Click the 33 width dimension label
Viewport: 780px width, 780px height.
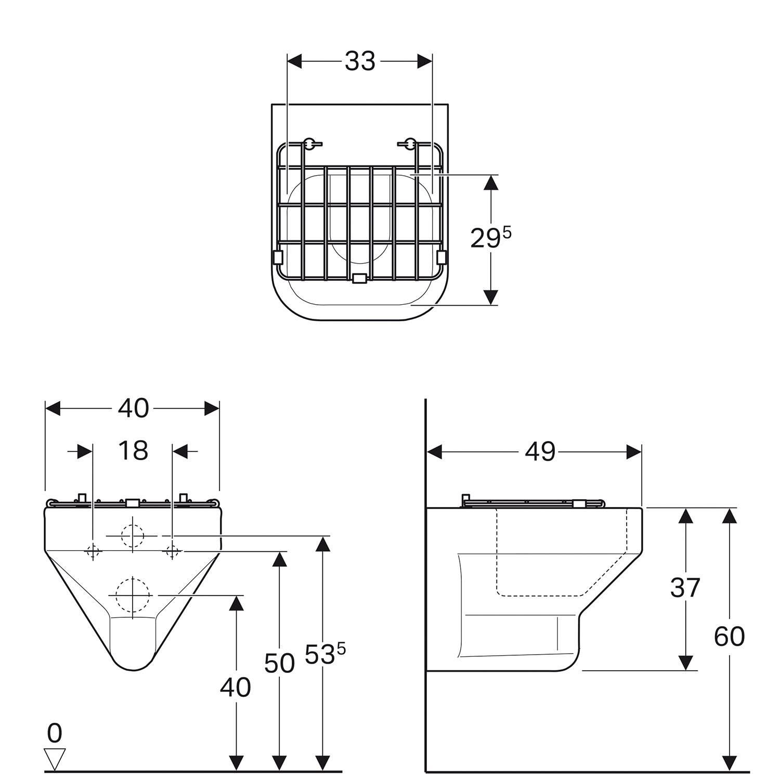pyautogui.click(x=360, y=61)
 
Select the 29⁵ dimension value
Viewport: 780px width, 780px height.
pyautogui.click(x=490, y=238)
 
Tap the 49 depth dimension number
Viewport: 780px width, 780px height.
pyautogui.click(x=540, y=451)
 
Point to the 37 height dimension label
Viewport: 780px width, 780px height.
pyautogui.click(x=685, y=588)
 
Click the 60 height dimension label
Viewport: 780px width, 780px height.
pyautogui.click(x=729, y=636)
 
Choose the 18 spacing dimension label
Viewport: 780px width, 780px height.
pyautogui.click(x=133, y=450)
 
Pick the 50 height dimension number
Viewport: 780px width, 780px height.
pyautogui.click(x=279, y=663)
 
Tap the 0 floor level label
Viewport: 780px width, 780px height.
pyautogui.click(x=54, y=733)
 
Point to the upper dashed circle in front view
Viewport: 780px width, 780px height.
pyautogui.click(x=133, y=535)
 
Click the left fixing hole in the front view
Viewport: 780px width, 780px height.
pyautogui.click(x=93, y=551)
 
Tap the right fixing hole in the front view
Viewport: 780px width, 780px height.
pyautogui.click(x=172, y=551)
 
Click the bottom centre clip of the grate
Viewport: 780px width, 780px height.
pyautogui.click(x=359, y=279)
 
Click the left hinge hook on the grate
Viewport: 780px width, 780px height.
pyautogui.click(x=309, y=143)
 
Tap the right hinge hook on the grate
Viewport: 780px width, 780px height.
pyautogui.click(x=410, y=143)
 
